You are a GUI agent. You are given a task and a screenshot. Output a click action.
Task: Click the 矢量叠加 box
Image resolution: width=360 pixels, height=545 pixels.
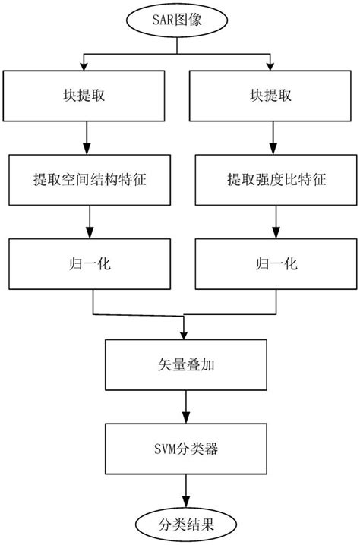click(183, 363)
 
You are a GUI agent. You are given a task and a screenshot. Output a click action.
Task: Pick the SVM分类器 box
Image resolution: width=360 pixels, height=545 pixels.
click(183, 449)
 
